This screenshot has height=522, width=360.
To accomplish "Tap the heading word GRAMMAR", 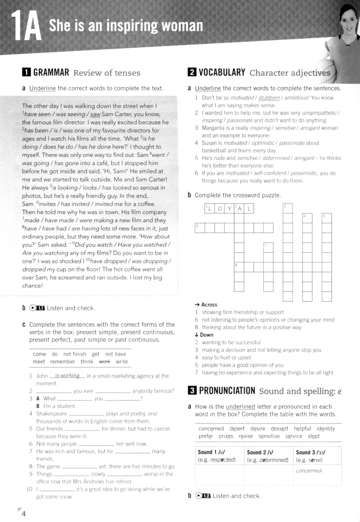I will coord(46,73).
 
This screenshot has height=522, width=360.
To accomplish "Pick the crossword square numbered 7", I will coord(268,248).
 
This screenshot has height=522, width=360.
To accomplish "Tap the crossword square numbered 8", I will coord(239,267).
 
